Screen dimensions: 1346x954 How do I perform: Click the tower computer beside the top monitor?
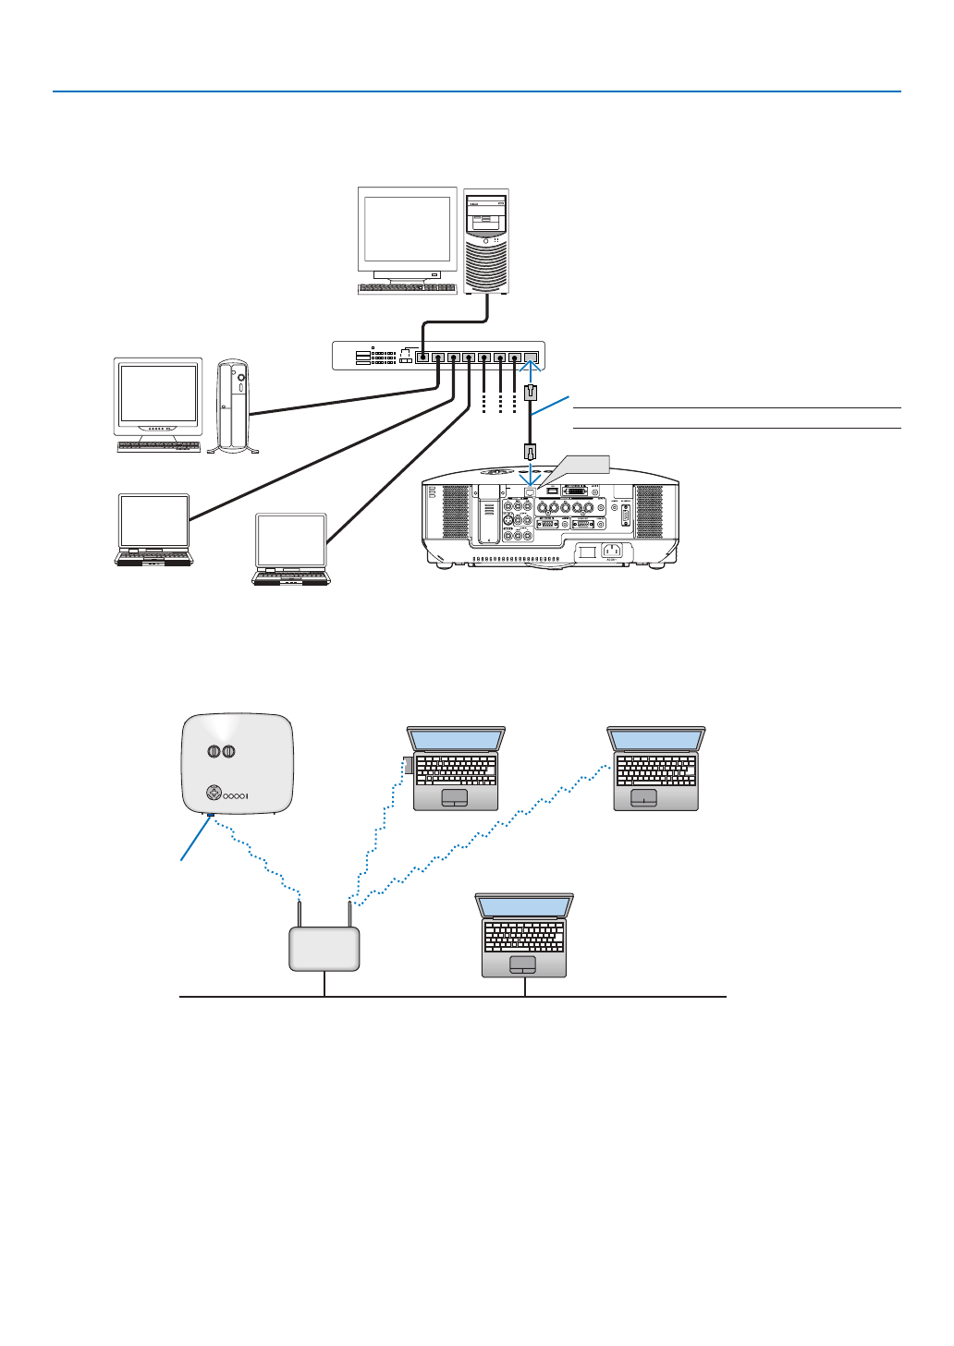coord(485,242)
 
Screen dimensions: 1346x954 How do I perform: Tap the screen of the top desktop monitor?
coord(407,228)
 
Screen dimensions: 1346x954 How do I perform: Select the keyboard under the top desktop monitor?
coord(407,288)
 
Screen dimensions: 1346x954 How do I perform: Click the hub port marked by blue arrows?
coord(531,357)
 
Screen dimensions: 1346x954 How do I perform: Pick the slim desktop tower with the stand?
coord(234,406)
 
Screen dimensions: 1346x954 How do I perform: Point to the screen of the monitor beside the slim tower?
coord(158,394)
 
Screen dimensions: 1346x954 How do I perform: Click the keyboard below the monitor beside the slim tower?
coord(159,447)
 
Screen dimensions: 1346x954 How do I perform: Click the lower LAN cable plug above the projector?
coord(530,452)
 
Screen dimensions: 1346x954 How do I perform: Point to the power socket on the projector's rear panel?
coord(611,552)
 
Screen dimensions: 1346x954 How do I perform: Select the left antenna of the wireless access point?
coord(300,914)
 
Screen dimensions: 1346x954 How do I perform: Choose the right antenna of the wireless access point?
coord(349,914)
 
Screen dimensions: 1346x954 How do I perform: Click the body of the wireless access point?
coord(324,950)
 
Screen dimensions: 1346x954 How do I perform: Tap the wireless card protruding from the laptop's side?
coord(408,766)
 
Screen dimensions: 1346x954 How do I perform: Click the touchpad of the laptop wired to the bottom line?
coord(523,964)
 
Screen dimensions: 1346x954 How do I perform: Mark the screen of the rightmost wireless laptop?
coord(656,740)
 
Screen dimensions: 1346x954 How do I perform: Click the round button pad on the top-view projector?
coord(214,794)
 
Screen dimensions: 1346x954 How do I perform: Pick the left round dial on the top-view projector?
coord(214,751)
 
